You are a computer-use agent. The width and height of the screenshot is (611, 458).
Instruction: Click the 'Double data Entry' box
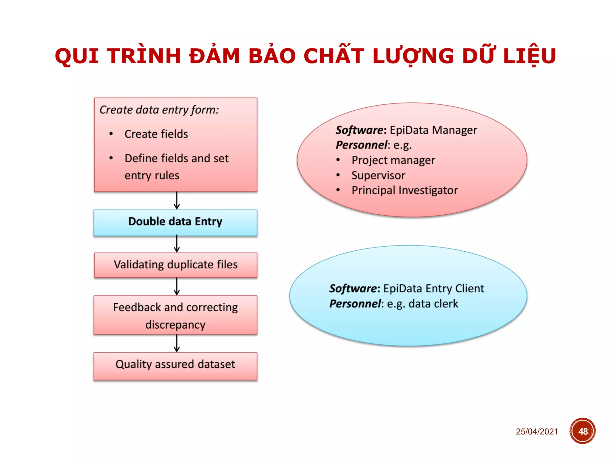point(175,222)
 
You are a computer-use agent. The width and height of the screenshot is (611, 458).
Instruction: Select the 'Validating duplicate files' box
point(175,265)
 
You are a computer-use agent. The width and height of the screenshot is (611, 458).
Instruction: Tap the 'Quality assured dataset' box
point(175,366)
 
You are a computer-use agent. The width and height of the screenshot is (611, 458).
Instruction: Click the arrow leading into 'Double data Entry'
point(177,201)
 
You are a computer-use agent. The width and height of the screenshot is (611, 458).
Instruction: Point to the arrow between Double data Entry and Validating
point(177,244)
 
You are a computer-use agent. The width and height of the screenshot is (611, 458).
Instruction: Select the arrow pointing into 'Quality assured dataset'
point(177,343)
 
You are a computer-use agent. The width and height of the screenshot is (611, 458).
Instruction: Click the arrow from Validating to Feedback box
point(177,287)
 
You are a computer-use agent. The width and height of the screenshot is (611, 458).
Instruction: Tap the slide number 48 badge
point(582,431)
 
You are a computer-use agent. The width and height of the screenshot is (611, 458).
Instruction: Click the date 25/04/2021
point(537,431)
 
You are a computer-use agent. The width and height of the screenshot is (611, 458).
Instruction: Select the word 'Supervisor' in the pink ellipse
point(378,175)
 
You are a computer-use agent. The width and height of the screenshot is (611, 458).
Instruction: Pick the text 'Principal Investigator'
point(405,191)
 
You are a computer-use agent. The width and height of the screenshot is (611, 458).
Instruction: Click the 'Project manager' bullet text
point(393,160)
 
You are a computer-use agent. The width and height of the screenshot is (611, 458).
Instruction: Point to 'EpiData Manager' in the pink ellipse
point(433,130)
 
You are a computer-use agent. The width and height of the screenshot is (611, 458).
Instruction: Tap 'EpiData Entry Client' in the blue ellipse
point(433,289)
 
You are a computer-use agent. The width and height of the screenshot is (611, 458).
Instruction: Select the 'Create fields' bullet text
point(156,134)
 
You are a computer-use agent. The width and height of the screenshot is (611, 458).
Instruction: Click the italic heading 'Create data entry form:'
point(159,110)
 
